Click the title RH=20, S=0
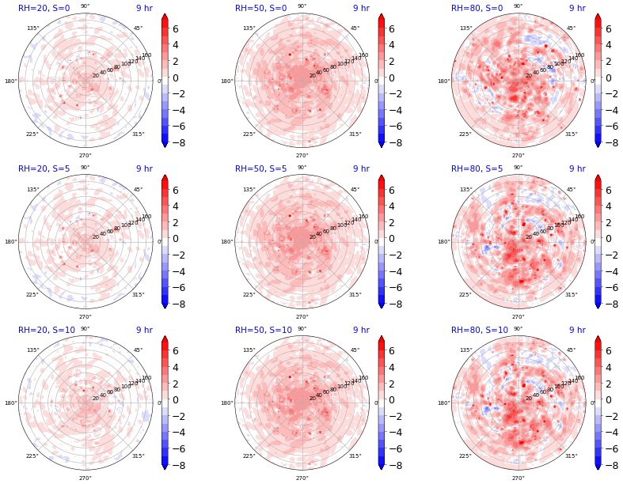[44, 8]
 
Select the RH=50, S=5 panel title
[260, 168]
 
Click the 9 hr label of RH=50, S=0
[361, 8]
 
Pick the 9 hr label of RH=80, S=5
[577, 168]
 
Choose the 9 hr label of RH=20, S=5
[144, 168]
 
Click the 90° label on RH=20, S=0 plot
[85, 6]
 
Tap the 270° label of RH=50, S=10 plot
[302, 478]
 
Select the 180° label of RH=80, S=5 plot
[444, 242]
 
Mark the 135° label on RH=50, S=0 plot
[249, 28]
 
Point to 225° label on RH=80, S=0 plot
[465, 134]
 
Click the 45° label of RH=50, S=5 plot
[355, 190]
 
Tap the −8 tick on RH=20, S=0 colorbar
[180, 142]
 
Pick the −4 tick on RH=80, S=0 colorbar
[608, 110]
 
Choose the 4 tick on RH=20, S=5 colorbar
[177, 206]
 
